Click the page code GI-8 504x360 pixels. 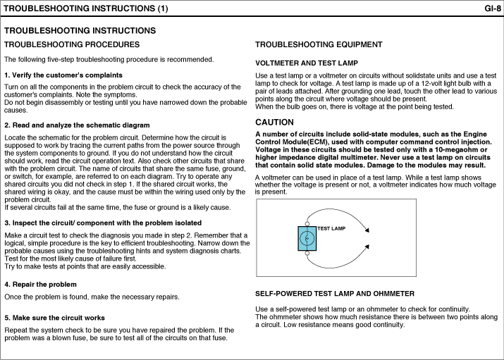[493, 8]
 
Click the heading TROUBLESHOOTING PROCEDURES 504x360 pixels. [72, 44]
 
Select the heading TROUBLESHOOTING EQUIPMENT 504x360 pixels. [319, 44]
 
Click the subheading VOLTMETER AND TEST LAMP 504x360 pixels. [307, 63]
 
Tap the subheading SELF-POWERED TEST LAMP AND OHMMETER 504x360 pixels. [335, 294]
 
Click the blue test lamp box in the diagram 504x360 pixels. [307, 239]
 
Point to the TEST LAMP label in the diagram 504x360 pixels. [331, 229]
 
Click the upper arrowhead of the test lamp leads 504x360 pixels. [367, 230]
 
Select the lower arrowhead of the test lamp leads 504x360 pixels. [367, 247]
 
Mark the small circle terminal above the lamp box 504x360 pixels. [307, 224]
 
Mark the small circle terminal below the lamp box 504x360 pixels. [307, 254]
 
